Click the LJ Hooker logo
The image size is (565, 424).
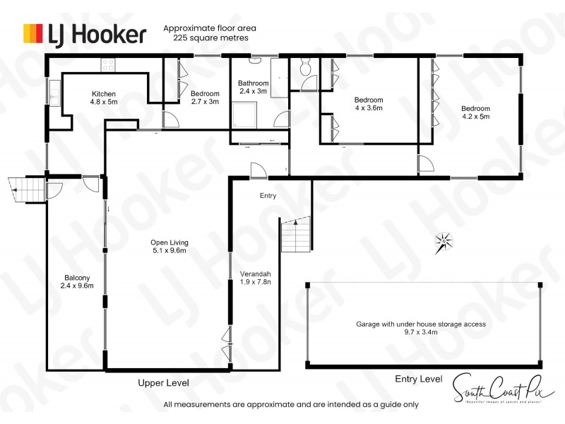(x=85, y=34)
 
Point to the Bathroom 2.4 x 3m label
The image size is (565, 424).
(x=253, y=87)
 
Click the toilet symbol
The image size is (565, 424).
(x=305, y=68)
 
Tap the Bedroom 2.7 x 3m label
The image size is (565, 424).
(x=205, y=98)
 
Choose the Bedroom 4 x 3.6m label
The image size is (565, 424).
(x=368, y=104)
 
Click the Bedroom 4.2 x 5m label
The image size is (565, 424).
(x=475, y=112)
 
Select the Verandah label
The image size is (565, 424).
(x=256, y=278)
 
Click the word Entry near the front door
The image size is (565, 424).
(x=268, y=196)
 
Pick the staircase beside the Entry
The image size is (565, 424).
(x=296, y=235)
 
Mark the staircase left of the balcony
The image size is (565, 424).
(x=27, y=190)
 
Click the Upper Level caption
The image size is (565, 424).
(x=162, y=382)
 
